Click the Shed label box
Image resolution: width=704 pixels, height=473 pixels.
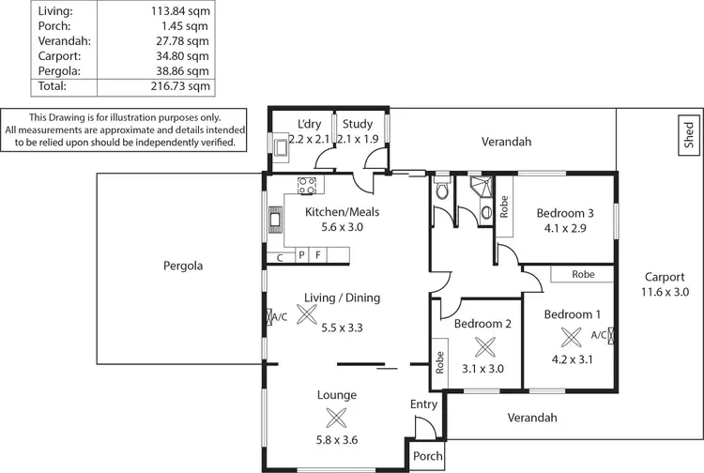(x=689, y=135)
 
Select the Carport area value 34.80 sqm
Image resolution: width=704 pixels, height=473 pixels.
(x=185, y=55)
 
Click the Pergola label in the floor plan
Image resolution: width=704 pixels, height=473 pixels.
(x=181, y=266)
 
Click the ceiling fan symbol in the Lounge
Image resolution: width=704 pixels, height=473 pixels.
(x=335, y=419)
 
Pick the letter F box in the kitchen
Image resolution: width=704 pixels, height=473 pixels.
(x=318, y=254)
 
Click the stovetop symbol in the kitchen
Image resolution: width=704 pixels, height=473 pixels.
(x=307, y=185)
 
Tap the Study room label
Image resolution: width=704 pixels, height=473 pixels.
(x=358, y=124)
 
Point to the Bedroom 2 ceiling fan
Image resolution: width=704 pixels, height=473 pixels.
(x=484, y=346)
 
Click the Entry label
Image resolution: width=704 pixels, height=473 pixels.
(x=424, y=404)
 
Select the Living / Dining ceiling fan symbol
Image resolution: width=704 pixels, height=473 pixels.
(x=306, y=315)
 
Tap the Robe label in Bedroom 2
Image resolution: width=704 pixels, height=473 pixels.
(x=439, y=364)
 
